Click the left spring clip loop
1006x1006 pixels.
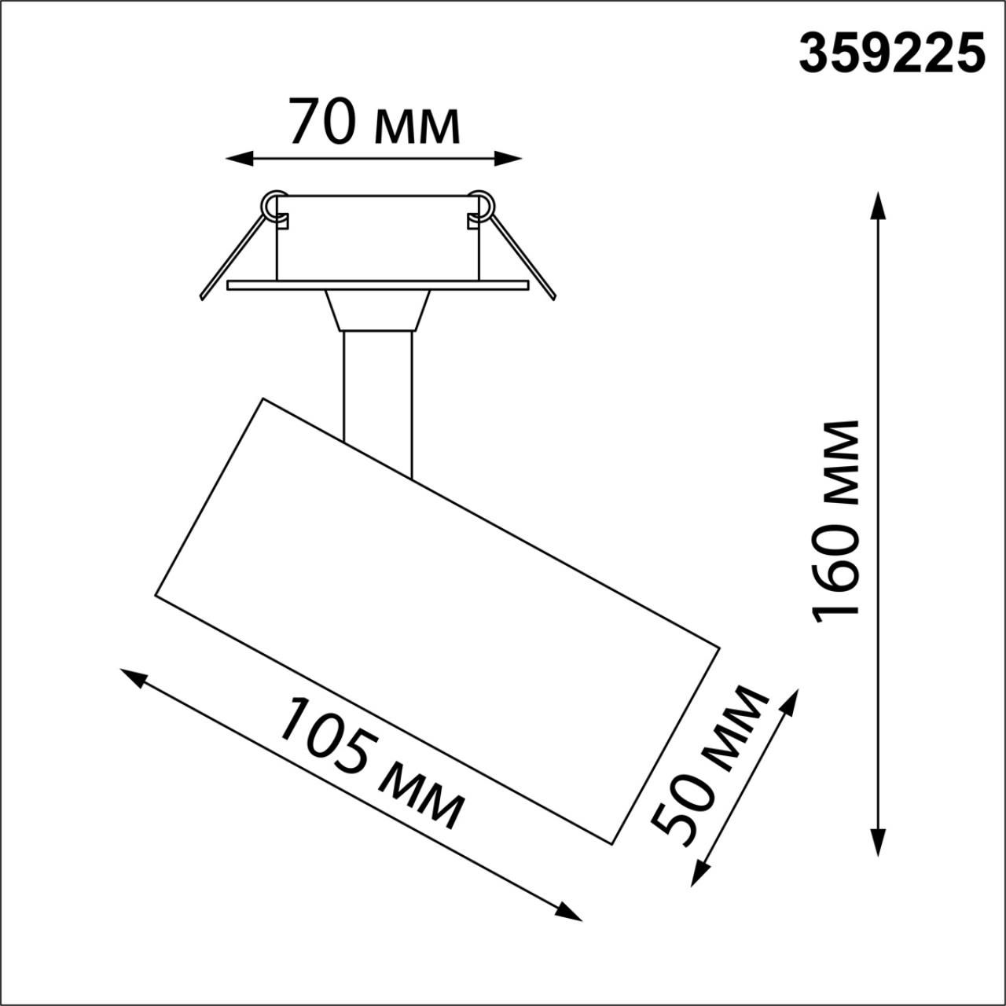(x=274, y=204)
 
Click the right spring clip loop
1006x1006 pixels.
(x=481, y=204)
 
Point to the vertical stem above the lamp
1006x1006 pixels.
(x=377, y=393)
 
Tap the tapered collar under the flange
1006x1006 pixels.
(x=377, y=310)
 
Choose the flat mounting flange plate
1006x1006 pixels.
(x=377, y=285)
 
